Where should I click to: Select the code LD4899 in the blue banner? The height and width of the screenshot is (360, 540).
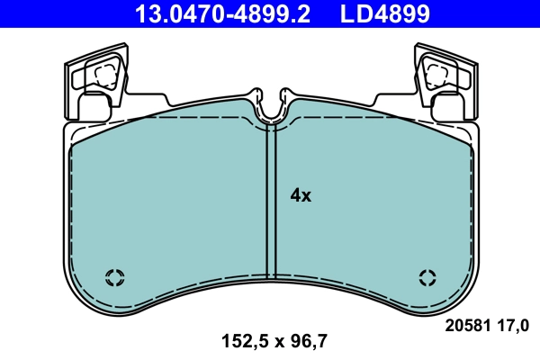click(383, 13)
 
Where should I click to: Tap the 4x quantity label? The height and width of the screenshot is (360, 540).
click(300, 194)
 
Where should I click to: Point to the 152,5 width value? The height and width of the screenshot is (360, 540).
click(242, 341)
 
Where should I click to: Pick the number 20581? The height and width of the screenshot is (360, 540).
click(465, 324)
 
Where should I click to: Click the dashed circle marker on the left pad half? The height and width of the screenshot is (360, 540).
click(115, 276)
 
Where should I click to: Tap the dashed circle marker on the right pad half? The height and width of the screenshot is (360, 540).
click(427, 276)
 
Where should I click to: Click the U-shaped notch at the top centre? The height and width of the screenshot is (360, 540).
click(271, 108)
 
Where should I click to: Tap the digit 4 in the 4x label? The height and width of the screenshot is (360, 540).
click(294, 194)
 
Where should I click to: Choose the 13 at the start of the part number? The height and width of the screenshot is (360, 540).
click(145, 13)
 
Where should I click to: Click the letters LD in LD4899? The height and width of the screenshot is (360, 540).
click(354, 13)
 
